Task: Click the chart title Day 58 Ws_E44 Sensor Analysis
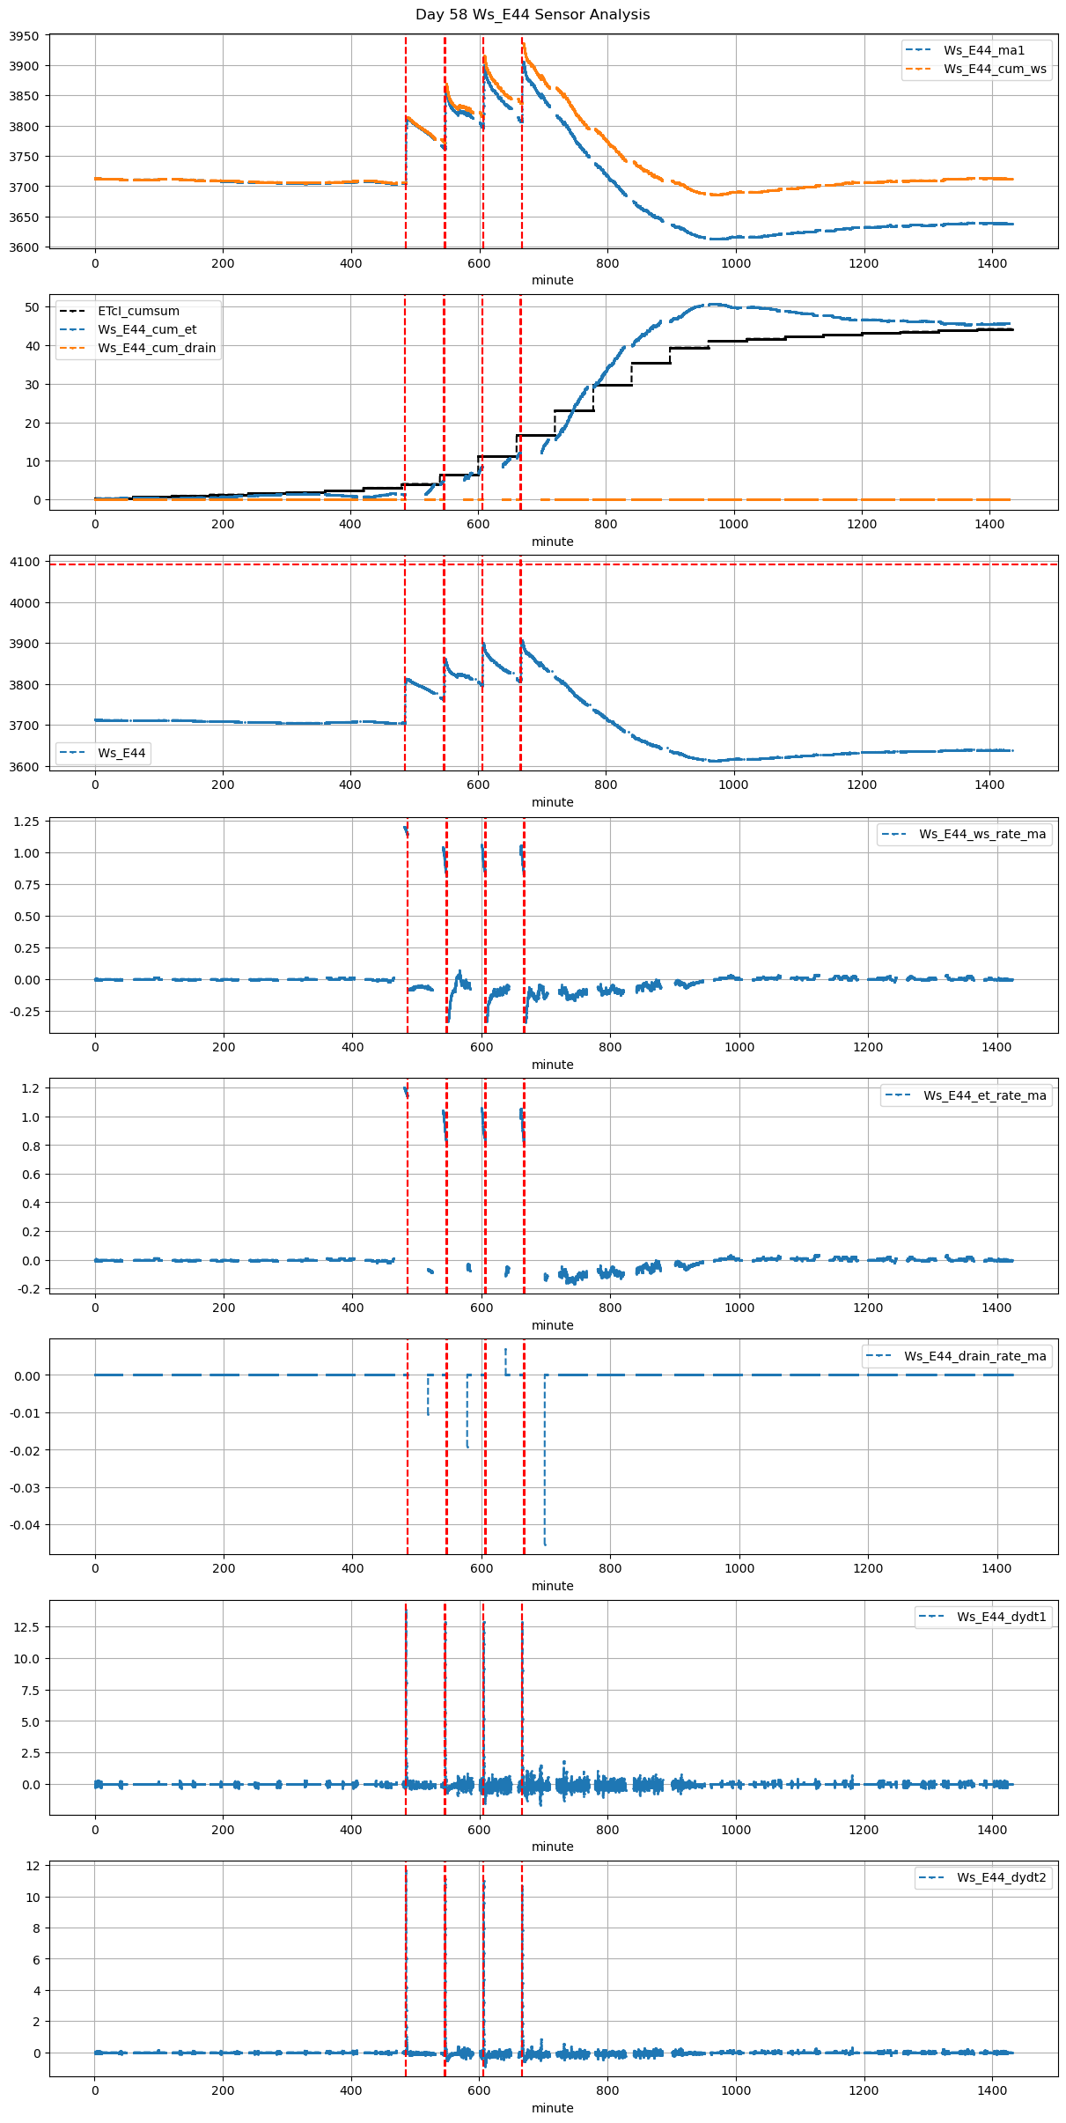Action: click(533, 15)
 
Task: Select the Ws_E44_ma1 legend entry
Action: click(984, 50)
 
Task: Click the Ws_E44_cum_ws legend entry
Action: click(995, 69)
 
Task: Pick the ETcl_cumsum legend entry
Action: click(138, 311)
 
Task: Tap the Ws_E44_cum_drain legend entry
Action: click(157, 348)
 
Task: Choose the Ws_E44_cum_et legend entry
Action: click(147, 329)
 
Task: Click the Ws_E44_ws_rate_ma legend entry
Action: click(982, 834)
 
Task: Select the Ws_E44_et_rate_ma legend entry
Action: click(984, 1095)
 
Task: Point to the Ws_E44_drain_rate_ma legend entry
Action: click(974, 1356)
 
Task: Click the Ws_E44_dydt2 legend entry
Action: click(1001, 1877)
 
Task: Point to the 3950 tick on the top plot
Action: click(25, 36)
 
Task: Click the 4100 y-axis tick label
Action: click(25, 562)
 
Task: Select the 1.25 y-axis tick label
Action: click(26, 822)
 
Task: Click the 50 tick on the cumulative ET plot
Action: click(33, 307)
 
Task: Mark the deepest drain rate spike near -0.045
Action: click(545, 1544)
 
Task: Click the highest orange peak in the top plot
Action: click(524, 43)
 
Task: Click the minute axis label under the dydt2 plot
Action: click(552, 2108)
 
